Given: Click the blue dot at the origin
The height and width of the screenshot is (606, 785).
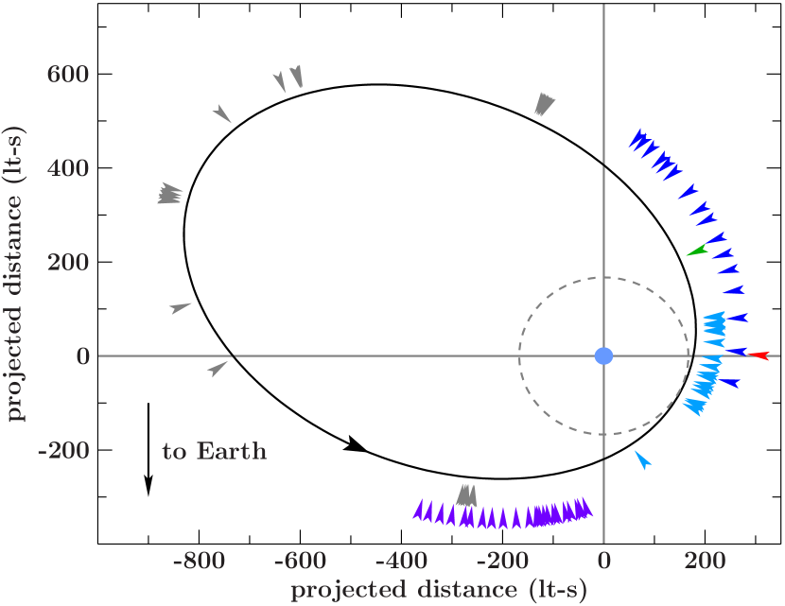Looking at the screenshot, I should (x=603, y=355).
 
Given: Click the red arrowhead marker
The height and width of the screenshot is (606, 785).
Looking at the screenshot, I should (x=759, y=355).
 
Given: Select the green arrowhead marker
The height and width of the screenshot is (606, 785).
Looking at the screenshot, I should (x=697, y=251).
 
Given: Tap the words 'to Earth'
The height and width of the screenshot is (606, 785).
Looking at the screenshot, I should (x=215, y=451).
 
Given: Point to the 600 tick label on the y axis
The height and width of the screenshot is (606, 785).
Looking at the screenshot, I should (x=68, y=74).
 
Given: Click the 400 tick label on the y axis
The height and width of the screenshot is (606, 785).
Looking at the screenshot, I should (x=68, y=168).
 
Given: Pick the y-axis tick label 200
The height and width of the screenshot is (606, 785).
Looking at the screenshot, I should (x=68, y=263).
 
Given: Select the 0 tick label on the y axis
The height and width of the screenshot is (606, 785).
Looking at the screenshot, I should (x=82, y=356).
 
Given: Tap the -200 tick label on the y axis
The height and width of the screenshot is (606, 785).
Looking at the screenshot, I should (x=62, y=451).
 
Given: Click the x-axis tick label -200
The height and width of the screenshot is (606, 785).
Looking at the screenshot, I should (x=501, y=562).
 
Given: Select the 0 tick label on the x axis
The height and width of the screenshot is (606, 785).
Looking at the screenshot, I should (x=603, y=562).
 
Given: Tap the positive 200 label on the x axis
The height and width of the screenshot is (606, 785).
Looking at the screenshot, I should (x=705, y=562).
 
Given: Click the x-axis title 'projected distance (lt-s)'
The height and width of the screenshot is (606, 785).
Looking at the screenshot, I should (x=438, y=591).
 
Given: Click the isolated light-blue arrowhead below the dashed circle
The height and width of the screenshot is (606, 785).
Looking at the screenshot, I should (x=643, y=460).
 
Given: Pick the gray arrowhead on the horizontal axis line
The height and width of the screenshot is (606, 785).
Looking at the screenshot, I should (x=218, y=368).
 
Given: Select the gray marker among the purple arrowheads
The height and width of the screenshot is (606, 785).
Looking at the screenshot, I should (x=466, y=495).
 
